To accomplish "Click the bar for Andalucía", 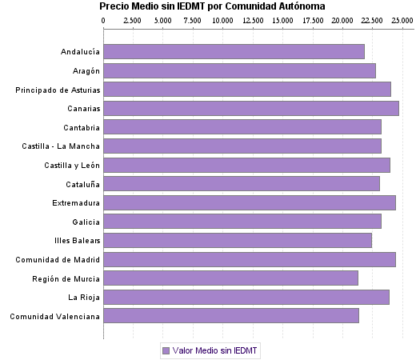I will (234, 51).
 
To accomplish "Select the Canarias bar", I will (251, 108).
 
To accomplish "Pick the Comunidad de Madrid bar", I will (250, 259).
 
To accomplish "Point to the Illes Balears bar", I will (238, 240).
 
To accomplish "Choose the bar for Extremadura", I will (250, 202).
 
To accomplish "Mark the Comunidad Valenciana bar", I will (231, 315).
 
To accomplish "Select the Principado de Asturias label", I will (58, 90).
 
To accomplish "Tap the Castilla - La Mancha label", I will (62, 146).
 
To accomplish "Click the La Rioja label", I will (83, 297).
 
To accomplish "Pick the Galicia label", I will (86, 222).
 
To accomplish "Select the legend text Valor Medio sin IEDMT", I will (215, 350).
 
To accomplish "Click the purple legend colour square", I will (166, 350).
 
